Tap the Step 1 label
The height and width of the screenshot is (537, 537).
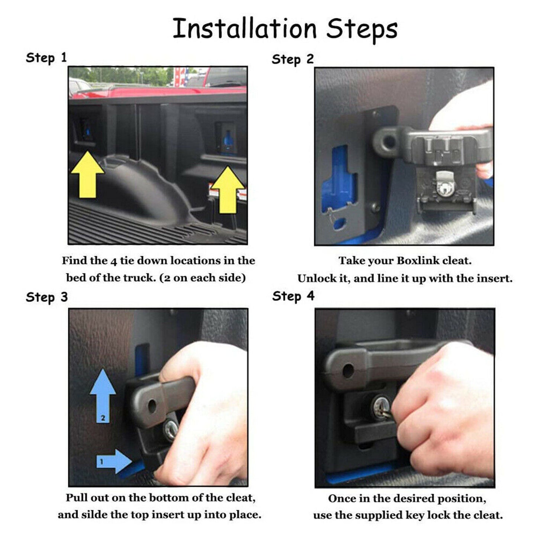[46, 58]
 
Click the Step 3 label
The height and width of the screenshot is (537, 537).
[47, 297]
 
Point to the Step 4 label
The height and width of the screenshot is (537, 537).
[294, 296]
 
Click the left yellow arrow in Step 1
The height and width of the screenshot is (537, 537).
[87, 175]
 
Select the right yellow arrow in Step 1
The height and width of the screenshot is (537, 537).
[228, 190]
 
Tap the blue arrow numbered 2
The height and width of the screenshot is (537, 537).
[103, 395]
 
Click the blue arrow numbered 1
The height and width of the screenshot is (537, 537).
[114, 439]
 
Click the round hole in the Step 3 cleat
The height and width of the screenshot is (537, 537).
[152, 407]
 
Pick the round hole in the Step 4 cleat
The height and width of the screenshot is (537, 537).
[348, 371]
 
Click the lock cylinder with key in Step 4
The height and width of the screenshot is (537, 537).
[381, 408]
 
